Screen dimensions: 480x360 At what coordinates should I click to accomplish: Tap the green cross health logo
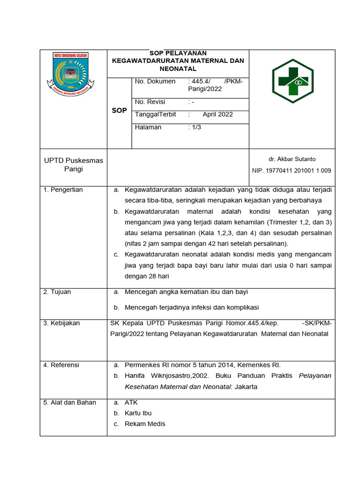coord(292,81)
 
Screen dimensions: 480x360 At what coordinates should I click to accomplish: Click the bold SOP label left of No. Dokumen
coord(119,111)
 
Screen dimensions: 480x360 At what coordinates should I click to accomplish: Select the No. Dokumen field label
coord(155,82)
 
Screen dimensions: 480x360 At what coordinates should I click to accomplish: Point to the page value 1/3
coord(195,127)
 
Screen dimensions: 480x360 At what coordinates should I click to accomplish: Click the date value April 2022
coord(217,114)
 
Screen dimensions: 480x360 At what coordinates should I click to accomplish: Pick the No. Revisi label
coord(150,102)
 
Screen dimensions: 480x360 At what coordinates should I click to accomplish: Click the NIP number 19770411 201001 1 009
coord(292,171)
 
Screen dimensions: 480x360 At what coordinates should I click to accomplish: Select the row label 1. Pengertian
coord(63,190)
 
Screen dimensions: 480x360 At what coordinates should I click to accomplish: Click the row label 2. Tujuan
coord(57,292)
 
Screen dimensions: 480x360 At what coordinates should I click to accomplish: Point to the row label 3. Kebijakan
coord(61,323)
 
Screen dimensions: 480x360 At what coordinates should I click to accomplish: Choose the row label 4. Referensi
coord(61,365)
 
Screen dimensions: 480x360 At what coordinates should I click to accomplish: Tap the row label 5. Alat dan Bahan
coord(69,403)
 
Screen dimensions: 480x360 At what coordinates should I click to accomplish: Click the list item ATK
coord(131,403)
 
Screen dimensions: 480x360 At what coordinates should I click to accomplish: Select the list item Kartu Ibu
coord(138,413)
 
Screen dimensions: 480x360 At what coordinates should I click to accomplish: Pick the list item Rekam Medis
coord(145,424)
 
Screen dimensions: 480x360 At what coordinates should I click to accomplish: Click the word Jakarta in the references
coord(246,387)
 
